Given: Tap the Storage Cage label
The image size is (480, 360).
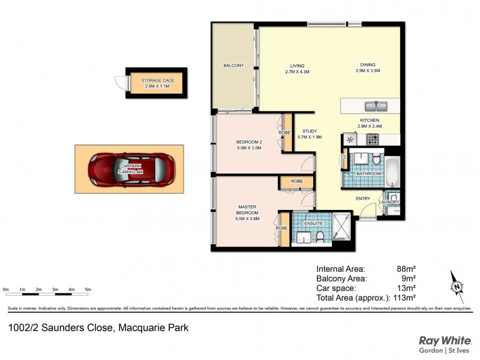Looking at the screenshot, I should [x=157, y=80].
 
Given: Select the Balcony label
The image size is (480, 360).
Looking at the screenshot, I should [x=233, y=65].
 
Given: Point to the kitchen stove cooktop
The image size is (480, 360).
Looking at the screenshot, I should [x=372, y=139].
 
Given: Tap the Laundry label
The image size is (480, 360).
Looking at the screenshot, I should [x=389, y=202].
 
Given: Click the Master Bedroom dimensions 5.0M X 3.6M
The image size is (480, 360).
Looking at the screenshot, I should [x=248, y=219].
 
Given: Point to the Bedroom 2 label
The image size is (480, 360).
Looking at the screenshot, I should [x=248, y=142].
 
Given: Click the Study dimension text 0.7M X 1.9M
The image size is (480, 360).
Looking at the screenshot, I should [x=310, y=137].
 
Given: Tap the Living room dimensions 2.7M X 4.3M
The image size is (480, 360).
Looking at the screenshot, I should [x=297, y=72].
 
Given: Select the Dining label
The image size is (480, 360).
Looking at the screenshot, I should [x=368, y=65].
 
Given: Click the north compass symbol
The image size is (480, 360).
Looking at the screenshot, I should [x=458, y=286].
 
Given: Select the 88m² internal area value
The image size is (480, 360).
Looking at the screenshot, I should [x=406, y=269].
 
